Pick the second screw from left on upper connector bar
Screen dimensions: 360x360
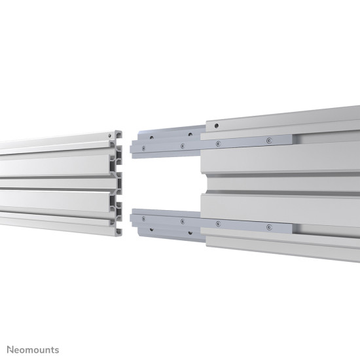[x=181, y=147]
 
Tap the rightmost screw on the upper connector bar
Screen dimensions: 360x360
[x=267, y=139]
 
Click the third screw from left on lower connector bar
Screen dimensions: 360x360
[x=218, y=224]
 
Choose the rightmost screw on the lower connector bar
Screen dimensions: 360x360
[x=267, y=226]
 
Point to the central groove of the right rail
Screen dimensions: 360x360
[x=281, y=192]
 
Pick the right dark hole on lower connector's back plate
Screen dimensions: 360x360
[x=190, y=232]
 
